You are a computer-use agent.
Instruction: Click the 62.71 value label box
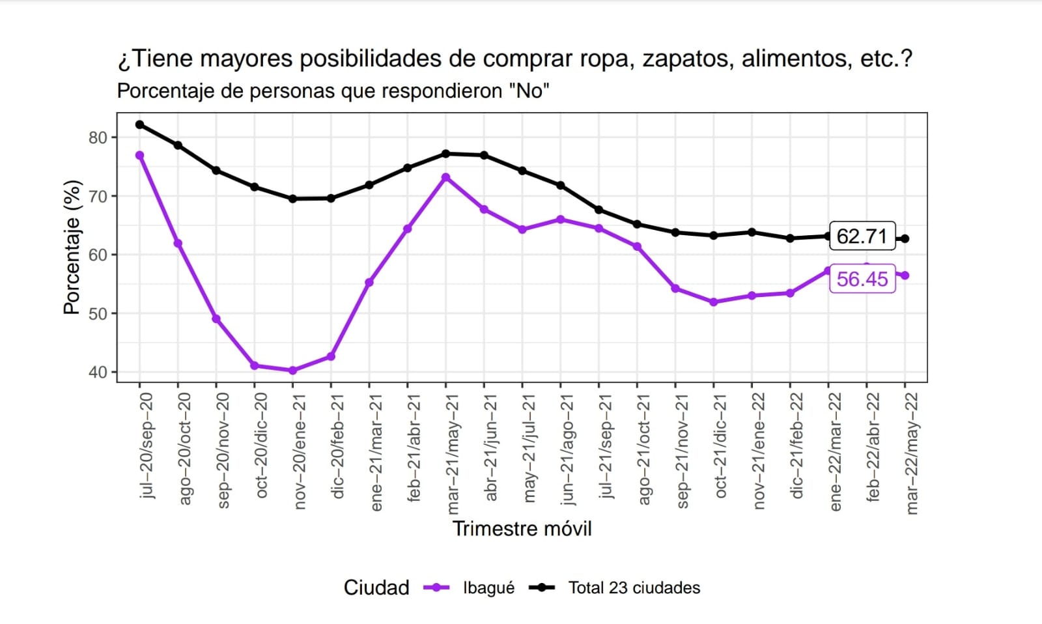(862, 236)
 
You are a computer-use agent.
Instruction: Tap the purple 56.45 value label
(862, 279)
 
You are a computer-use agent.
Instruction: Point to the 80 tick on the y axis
(98, 137)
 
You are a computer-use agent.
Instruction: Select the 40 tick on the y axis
(98, 372)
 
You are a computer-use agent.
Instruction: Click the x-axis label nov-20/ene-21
(300, 451)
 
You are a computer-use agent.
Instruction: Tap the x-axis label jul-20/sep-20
(147, 446)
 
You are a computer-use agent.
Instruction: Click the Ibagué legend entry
(488, 588)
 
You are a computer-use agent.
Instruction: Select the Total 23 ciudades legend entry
(634, 588)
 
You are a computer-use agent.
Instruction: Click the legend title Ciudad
(376, 588)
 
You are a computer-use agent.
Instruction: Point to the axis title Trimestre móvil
(522, 529)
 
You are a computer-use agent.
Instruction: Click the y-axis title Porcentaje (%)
(72, 248)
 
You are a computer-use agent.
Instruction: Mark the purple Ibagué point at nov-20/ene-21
(292, 371)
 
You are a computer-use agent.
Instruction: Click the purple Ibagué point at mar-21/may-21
(445, 177)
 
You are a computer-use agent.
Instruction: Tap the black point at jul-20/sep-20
(140, 124)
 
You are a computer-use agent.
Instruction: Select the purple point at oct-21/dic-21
(714, 302)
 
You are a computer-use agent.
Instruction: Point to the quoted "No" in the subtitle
(529, 91)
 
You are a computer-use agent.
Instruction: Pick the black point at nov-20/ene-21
(292, 199)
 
